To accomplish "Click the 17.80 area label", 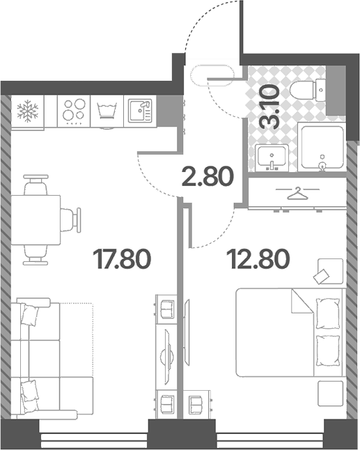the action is coord(122,259).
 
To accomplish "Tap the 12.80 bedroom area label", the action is coord(258,259).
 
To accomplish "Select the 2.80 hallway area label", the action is coord(208,176).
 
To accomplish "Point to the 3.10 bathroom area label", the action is coord(269,107).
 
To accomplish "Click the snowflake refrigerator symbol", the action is coord(28,111).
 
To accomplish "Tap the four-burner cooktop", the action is coord(74,111).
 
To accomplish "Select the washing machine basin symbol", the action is coord(107,111).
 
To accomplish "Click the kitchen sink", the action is coord(140,111).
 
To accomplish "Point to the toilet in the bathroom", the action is coord(308,90).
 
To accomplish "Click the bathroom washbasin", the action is coord(272,157).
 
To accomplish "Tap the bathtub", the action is coord(321,147).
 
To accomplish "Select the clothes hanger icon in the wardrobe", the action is coord(297,194).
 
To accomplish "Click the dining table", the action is coord(36,220).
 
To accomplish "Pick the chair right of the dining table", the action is coord(71,220).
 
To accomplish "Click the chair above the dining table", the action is coord(36,185).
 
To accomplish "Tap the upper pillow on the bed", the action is coord(328,313).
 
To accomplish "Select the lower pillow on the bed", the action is coord(328,350).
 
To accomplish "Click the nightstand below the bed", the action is coord(331,394).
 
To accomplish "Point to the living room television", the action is coord(167,357).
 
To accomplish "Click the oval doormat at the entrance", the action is coord(212,76).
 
